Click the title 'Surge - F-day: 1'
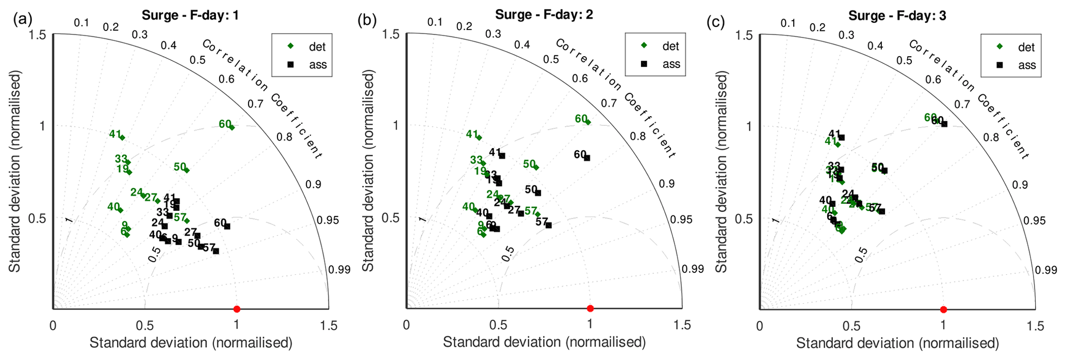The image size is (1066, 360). click(x=190, y=15)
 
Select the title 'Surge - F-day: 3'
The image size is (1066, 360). click(x=897, y=16)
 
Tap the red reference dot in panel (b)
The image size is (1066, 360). click(x=590, y=308)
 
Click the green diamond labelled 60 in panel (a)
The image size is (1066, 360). click(x=232, y=127)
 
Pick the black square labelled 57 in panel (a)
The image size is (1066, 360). click(x=216, y=251)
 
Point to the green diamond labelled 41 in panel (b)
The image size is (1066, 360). click(x=479, y=138)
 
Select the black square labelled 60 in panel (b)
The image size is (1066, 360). click(x=587, y=158)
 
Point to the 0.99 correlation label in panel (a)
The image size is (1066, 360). click(x=339, y=270)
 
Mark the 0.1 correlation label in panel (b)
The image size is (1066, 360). click(x=435, y=22)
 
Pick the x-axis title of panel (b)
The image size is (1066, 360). click(x=544, y=342)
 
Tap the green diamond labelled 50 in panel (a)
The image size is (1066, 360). click(x=187, y=170)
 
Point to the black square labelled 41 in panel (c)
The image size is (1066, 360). click(x=842, y=138)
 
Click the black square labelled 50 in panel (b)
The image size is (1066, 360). click(x=538, y=193)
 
